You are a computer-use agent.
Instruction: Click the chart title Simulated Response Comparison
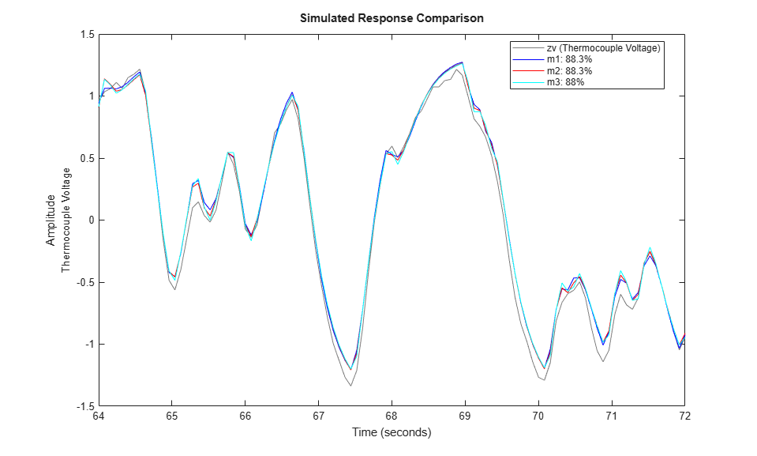(x=392, y=18)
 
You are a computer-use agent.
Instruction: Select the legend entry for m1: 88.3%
(x=569, y=59)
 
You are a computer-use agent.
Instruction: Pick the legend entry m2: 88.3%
(x=569, y=71)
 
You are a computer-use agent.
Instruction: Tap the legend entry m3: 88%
(x=565, y=82)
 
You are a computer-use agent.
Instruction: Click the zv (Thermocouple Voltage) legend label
(x=604, y=48)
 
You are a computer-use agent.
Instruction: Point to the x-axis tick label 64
(x=99, y=416)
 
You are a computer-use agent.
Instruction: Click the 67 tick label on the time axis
(x=318, y=416)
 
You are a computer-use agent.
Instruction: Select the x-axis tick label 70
(x=538, y=416)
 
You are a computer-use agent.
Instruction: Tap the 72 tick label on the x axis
(x=684, y=416)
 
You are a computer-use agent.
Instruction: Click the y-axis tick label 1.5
(x=88, y=34)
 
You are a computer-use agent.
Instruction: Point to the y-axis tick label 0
(x=92, y=220)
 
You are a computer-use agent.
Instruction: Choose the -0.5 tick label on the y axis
(x=85, y=282)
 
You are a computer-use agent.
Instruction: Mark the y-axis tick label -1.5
(x=85, y=405)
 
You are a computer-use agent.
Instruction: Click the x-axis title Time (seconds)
(x=392, y=432)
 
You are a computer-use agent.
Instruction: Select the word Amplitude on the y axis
(x=51, y=220)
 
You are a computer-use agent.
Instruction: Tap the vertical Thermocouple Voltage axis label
(x=66, y=220)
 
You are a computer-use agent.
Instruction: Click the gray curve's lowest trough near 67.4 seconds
(x=351, y=386)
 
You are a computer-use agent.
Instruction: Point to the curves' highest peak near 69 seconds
(x=462, y=62)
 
